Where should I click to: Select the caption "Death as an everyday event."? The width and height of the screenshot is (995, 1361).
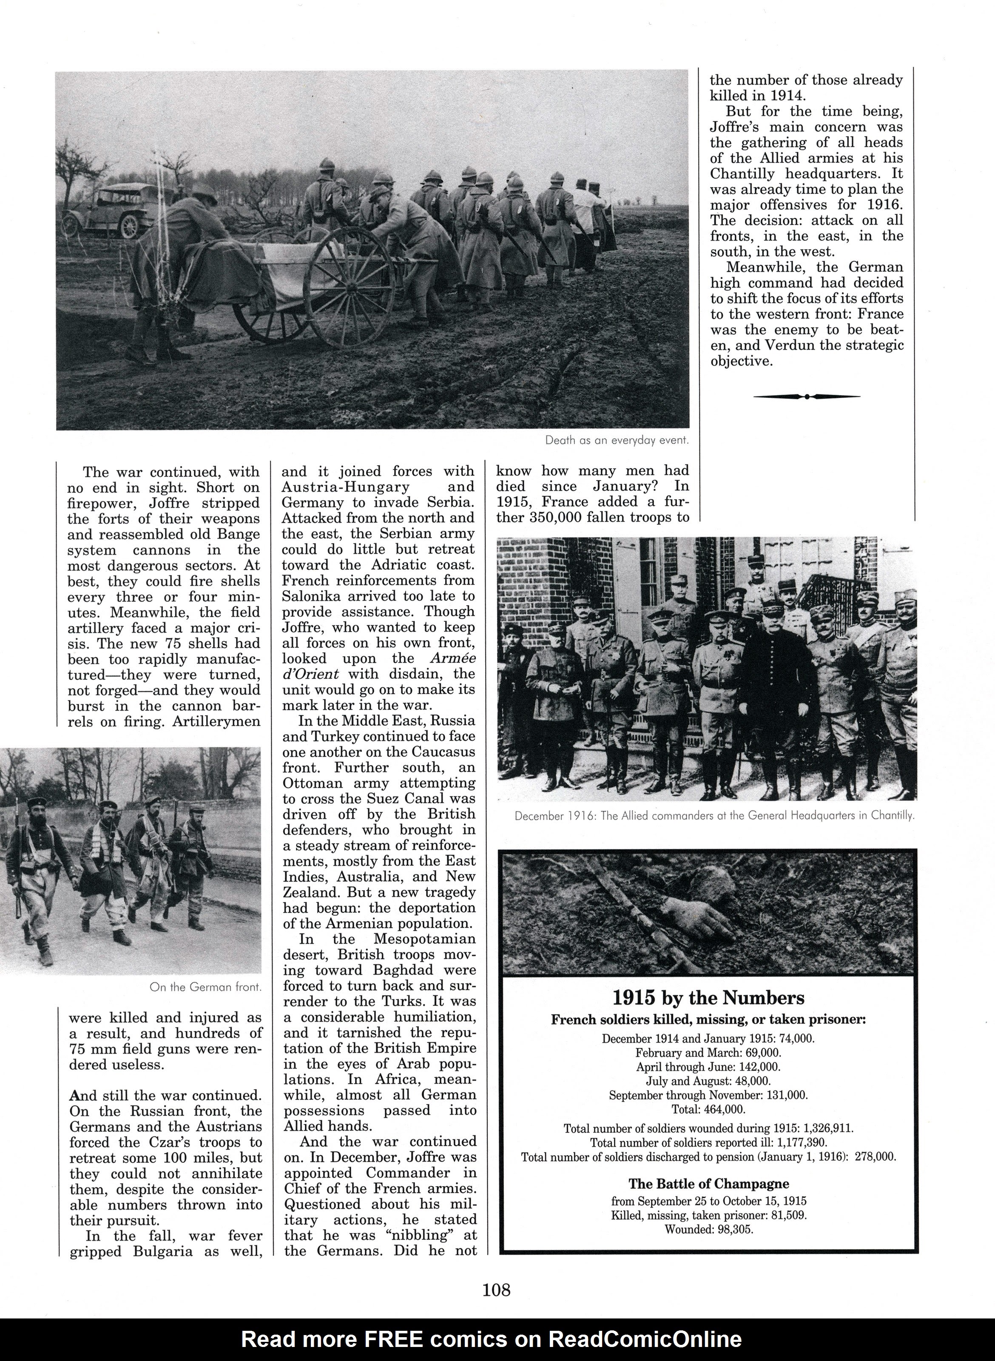pos(616,441)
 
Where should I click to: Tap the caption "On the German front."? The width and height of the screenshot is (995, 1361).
pos(205,988)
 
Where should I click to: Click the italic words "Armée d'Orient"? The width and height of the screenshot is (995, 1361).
pos(378,666)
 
